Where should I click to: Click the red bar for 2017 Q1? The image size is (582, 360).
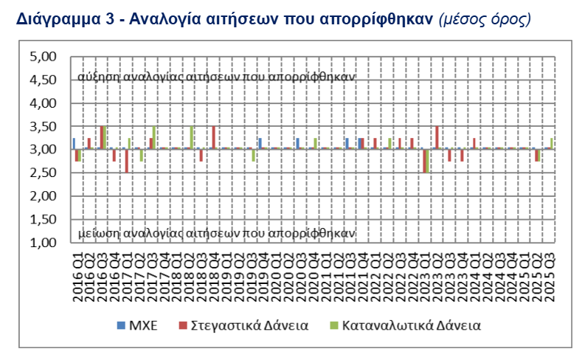[x=126, y=161]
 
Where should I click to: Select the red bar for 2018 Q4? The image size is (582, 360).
[x=214, y=137]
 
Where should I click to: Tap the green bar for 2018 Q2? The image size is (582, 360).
[x=192, y=137]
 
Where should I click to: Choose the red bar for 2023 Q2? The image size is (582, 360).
[x=437, y=137]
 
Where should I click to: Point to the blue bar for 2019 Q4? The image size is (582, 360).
[x=260, y=143]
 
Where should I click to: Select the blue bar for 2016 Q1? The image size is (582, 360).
[x=74, y=143]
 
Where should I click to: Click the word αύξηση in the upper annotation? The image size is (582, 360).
[x=96, y=76]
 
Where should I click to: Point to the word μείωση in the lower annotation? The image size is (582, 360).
[x=97, y=233]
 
